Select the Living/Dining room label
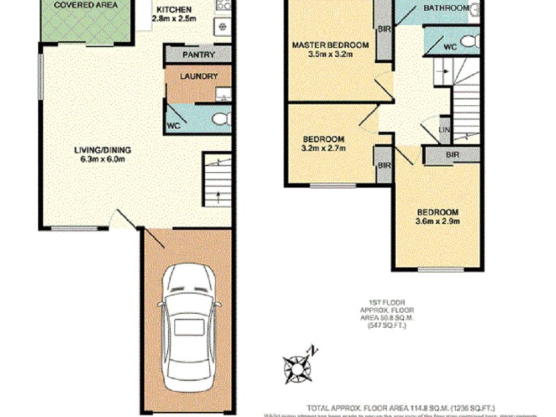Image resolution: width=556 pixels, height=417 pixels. click(103, 149)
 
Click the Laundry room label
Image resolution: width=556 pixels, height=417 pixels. click(199, 76)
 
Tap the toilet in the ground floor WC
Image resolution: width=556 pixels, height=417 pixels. click(220, 120)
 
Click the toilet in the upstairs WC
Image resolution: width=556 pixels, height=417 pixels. click(469, 41)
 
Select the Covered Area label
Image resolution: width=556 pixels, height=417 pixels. click(85, 5)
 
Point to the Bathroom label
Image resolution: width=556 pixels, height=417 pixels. click(446, 8)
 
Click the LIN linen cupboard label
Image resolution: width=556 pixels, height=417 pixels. click(444, 131)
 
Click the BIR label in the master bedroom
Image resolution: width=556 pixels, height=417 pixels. click(384, 29)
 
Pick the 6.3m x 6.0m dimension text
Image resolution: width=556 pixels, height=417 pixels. click(103, 159)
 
